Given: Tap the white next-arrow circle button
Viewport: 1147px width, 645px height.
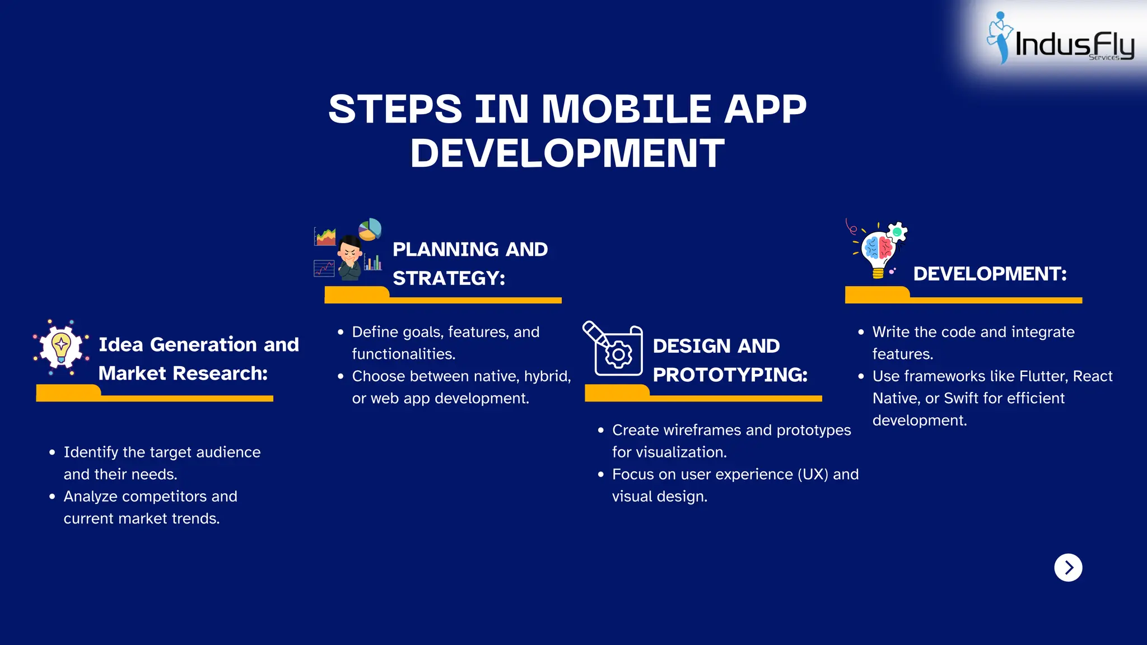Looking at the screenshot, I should (x=1068, y=568).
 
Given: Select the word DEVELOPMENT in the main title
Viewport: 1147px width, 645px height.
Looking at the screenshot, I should (x=567, y=153).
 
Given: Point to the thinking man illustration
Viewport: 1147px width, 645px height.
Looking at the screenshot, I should (x=351, y=258).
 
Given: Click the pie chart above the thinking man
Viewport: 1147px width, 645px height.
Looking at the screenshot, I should (x=370, y=229).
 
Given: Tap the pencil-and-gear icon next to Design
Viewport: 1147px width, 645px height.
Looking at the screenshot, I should (x=613, y=348).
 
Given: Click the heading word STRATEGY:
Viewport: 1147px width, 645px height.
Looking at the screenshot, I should (x=449, y=278).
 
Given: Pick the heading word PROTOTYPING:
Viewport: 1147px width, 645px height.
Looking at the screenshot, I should (x=730, y=375).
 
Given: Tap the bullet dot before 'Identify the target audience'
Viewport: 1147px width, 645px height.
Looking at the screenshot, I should (x=52, y=452).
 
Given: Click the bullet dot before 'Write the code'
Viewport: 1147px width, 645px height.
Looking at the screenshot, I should (x=861, y=332).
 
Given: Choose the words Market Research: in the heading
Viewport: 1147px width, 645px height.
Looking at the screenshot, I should (x=183, y=373).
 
